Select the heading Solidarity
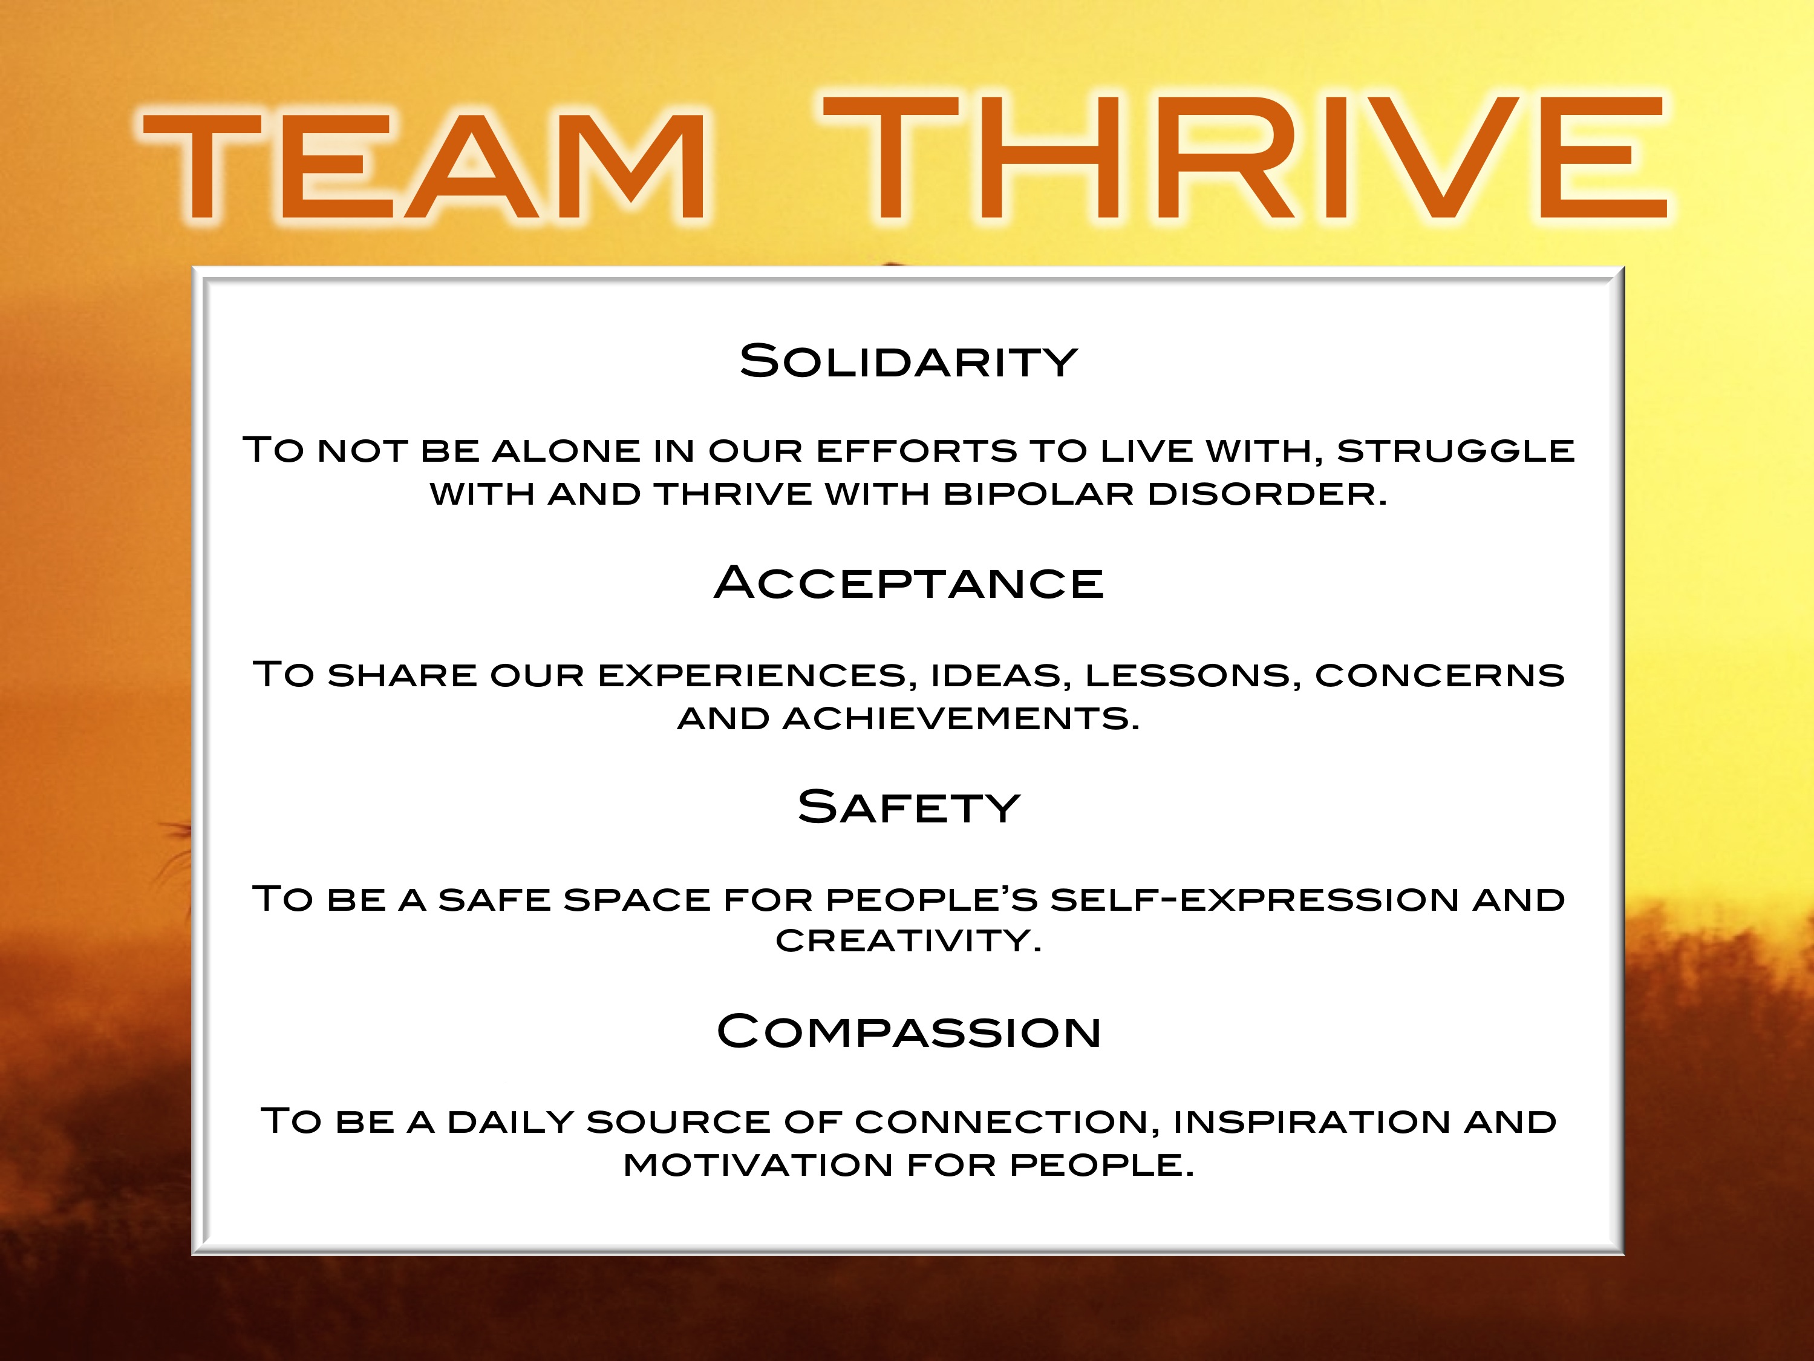click(908, 362)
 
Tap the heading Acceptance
click(909, 583)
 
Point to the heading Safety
click(909, 808)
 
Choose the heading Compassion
click(909, 1032)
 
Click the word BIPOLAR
click(1038, 494)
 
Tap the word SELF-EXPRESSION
click(1254, 900)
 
